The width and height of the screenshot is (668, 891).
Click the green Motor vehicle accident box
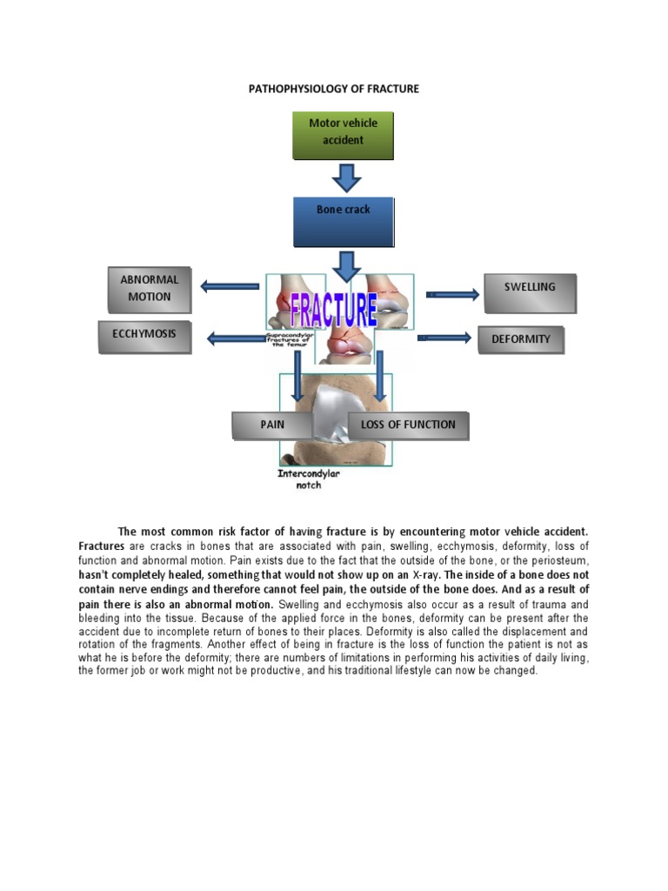tap(343, 135)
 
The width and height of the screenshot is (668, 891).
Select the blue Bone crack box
tap(343, 221)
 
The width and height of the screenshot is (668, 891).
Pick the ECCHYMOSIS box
tap(144, 337)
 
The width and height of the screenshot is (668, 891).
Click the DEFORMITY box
tap(521, 339)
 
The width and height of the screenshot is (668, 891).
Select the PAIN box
tap(272, 425)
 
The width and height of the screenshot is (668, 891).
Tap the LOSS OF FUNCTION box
tap(408, 425)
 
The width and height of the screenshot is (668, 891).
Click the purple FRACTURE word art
tap(333, 309)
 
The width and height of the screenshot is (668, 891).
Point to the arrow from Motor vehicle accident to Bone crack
tap(346, 178)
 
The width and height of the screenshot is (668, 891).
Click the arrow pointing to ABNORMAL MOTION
tap(230, 285)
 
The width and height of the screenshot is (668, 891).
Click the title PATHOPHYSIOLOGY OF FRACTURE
tap(335, 89)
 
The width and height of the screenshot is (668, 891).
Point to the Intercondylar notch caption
tap(309, 479)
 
